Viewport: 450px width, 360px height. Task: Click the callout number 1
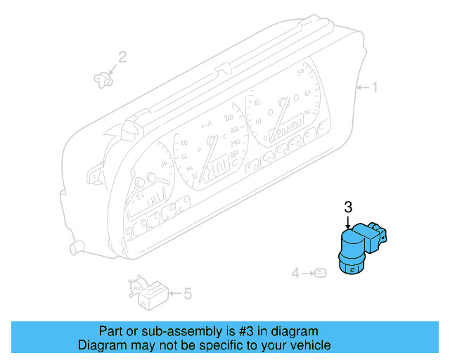point(375,88)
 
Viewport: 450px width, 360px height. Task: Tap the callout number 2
point(122,57)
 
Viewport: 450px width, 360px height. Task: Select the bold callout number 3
point(347,207)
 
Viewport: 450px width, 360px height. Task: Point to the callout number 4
point(296,272)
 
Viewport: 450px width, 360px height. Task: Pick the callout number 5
point(187,293)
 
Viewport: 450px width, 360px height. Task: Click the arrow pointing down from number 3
point(347,221)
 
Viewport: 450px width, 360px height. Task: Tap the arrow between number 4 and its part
point(307,272)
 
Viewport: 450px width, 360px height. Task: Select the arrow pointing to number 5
point(174,293)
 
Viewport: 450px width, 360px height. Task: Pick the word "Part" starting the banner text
point(110,331)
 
